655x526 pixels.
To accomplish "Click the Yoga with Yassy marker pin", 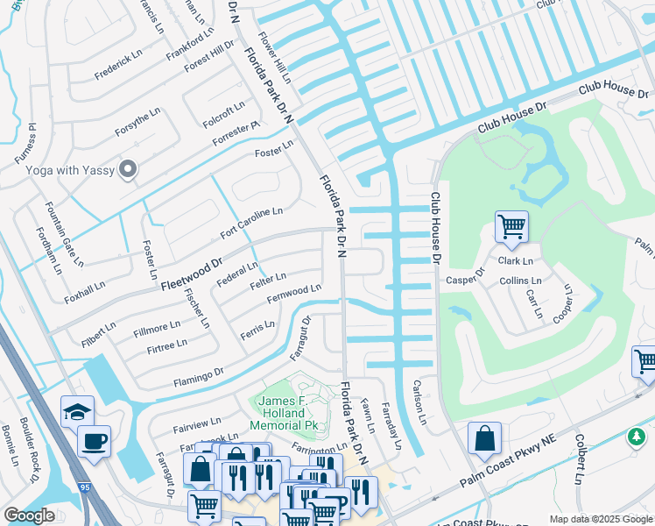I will point(129,169).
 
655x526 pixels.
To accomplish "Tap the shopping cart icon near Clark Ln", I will point(511,226).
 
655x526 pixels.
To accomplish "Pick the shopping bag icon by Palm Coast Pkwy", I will point(484,438).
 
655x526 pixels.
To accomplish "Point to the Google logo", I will point(29,515).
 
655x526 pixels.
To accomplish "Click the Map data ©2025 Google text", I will point(600,519).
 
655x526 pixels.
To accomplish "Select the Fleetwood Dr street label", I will point(192,273).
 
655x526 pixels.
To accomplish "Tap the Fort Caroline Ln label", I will point(251,224).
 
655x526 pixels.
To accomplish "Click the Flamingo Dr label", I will point(198,376).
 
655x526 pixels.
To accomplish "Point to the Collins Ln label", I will point(521,281).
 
